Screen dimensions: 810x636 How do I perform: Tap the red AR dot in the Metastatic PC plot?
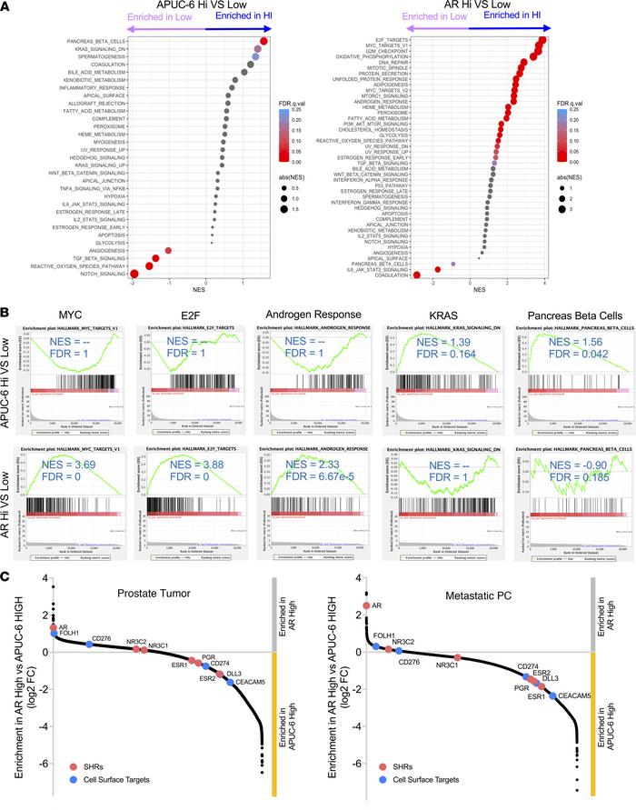tap(366, 631)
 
